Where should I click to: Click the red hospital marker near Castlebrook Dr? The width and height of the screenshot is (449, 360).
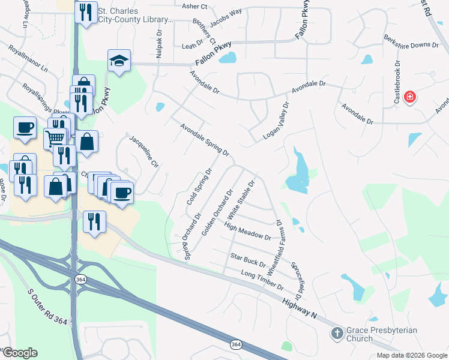coord(410,97)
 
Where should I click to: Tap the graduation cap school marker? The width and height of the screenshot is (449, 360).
coord(119,60)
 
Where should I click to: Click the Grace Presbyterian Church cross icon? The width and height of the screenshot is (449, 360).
coord(337,332)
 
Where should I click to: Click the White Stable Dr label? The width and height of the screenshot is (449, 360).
coord(246,198)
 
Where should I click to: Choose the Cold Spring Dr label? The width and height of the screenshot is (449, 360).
coord(200,186)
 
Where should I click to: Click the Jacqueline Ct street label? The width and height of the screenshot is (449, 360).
coord(144,151)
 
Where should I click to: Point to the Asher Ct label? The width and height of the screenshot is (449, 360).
coord(194,7)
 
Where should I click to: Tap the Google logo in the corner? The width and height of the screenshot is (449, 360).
coord(19,353)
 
